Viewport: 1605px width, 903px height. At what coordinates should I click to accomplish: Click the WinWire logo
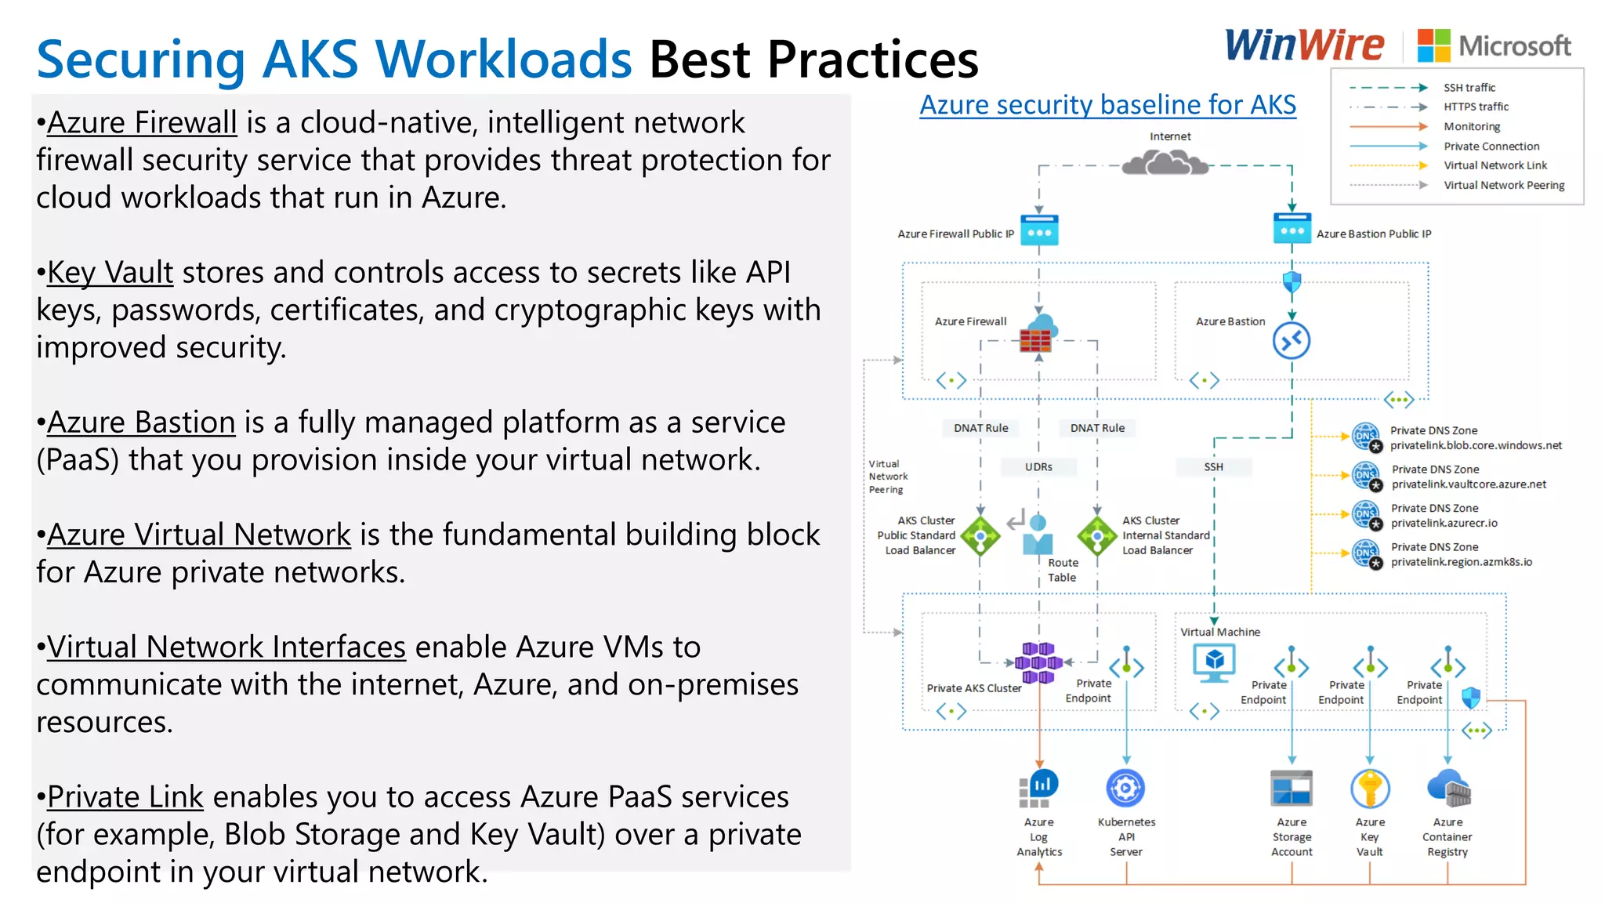1304,45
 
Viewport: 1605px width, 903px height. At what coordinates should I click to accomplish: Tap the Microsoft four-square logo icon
1433,45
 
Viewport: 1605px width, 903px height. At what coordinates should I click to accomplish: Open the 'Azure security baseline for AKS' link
1107,104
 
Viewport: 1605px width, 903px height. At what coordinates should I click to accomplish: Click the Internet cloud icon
1165,163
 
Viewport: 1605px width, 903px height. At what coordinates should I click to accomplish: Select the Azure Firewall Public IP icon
1039,230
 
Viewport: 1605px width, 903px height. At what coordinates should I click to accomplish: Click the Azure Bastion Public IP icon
1292,229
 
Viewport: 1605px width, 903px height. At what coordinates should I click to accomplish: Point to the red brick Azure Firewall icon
1036,339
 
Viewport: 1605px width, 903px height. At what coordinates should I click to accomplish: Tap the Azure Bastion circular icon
1292,341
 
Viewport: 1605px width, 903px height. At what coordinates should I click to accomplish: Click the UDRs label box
1038,467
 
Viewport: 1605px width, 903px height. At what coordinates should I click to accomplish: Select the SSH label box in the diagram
1213,467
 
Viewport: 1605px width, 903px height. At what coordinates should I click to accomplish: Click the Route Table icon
1038,535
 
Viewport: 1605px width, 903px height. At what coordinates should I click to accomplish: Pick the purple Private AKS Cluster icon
1038,662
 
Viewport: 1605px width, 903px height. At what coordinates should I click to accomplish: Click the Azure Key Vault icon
1370,789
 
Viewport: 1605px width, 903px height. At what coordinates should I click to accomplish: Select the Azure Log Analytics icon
1039,788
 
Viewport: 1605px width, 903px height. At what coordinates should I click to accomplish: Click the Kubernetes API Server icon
1125,788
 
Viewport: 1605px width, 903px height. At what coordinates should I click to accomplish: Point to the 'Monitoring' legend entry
1472,126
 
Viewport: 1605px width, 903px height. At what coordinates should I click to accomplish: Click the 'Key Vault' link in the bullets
110,273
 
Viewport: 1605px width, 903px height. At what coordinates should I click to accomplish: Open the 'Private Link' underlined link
125,797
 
